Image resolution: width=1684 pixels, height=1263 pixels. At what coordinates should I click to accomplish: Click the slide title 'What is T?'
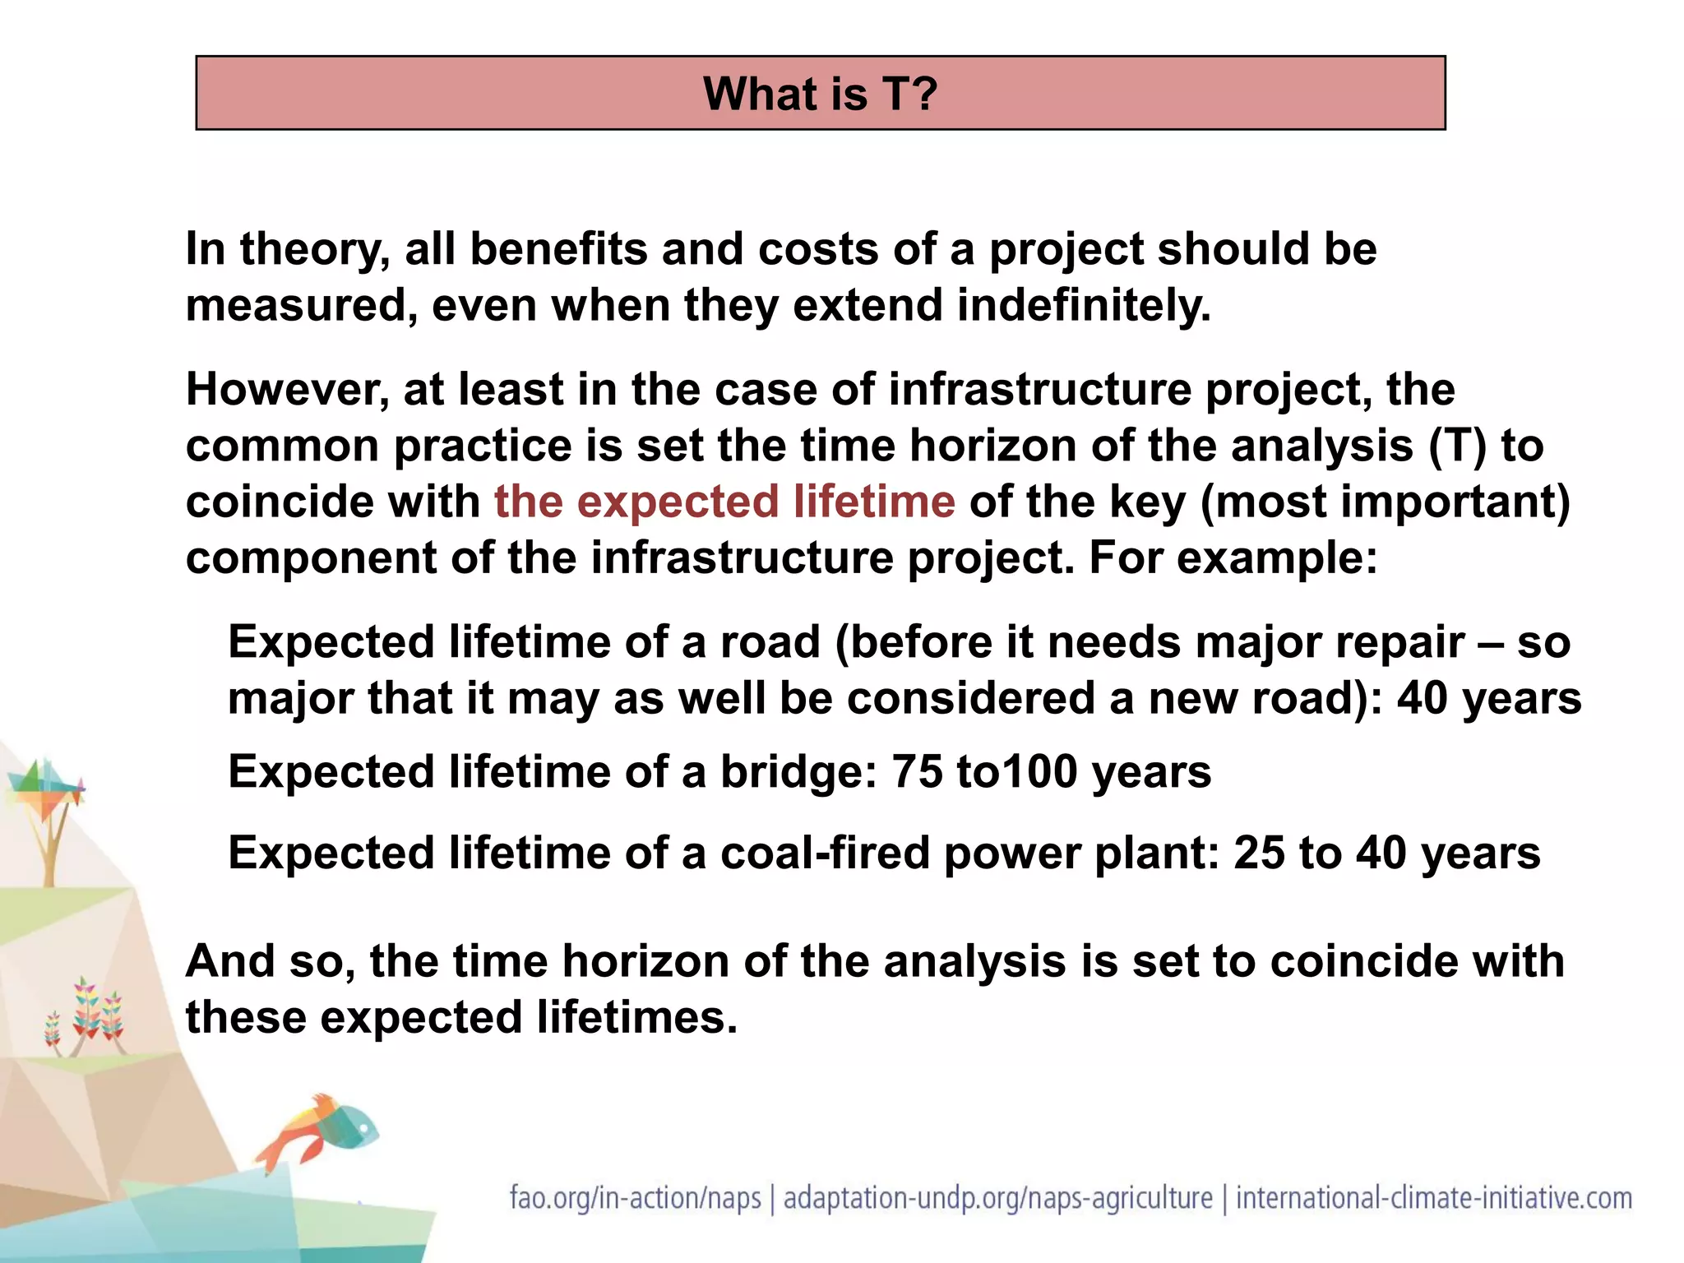pos(820,93)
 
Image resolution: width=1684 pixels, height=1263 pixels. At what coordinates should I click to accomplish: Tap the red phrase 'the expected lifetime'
pos(724,502)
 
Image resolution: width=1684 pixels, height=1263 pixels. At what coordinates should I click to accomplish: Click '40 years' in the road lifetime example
pos(1488,698)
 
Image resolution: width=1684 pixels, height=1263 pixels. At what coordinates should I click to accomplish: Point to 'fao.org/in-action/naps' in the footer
pos(635,1198)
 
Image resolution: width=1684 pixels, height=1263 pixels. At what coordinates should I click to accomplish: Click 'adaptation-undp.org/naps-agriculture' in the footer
pos(997,1198)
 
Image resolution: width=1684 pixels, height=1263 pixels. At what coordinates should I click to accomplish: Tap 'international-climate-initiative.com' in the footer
pos(1434,1198)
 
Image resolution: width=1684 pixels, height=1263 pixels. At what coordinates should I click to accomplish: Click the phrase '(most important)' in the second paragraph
pos(1385,502)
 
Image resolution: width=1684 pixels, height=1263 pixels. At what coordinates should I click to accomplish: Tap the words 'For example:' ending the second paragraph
pos(1233,558)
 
